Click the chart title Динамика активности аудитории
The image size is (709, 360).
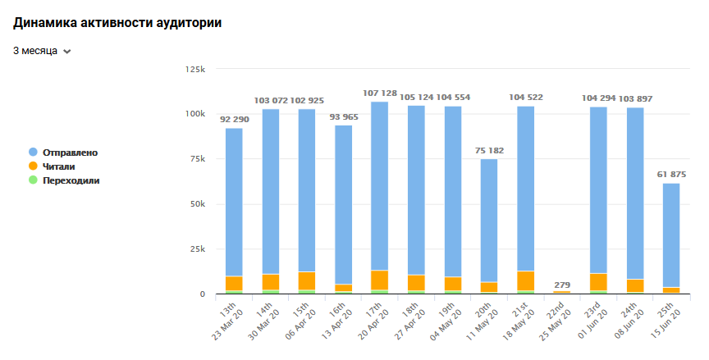117,22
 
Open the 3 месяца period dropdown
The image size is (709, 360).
42,51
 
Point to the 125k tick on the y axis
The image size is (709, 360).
194,69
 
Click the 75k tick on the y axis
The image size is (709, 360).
198,159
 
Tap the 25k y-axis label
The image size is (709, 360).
198,249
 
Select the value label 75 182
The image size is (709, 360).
489,151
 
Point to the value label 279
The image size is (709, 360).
562,285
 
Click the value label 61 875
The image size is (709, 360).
671,175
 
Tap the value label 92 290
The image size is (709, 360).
235,120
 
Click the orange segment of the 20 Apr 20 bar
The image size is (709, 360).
380,280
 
